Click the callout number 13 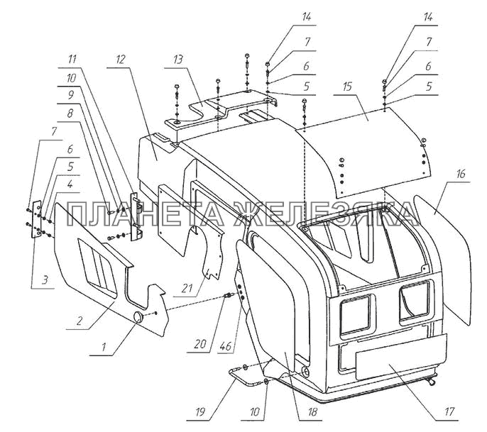tap(178, 60)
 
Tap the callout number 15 tap(347, 87)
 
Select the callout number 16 tap(461, 174)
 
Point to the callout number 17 tap(449, 411)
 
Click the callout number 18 tap(312, 411)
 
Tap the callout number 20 tap(200, 344)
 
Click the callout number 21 tap(187, 288)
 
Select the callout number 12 tap(120, 59)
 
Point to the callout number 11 tap(72, 59)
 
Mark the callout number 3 tap(45, 280)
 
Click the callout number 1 tap(104, 347)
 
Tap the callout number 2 tap(80, 321)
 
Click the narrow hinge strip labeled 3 tap(37, 219)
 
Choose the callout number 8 tap(70, 113)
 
